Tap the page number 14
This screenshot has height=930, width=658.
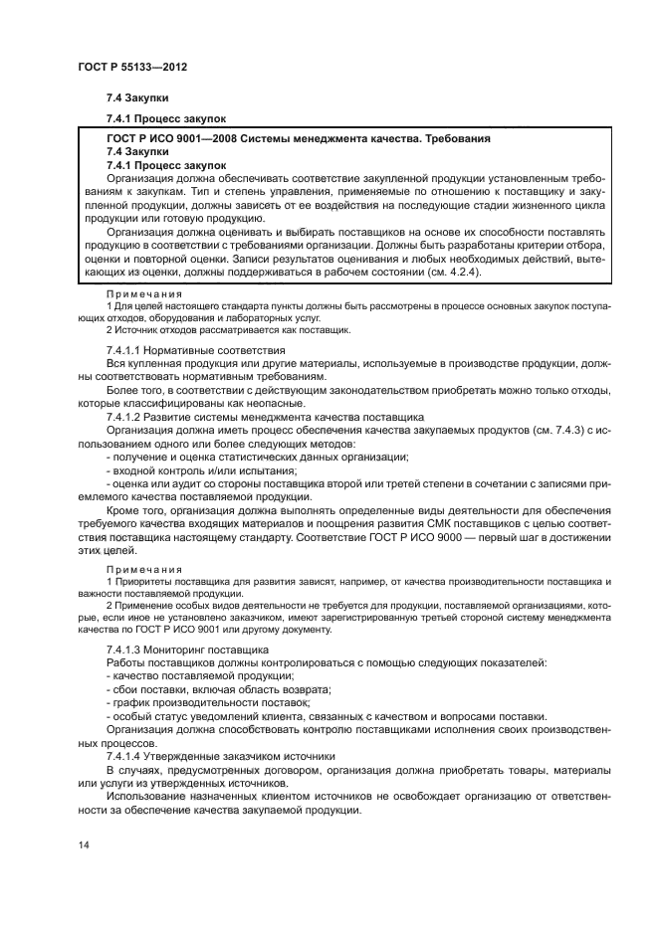point(81,844)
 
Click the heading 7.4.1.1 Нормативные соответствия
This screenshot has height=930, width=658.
point(195,350)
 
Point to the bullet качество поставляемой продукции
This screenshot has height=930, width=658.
point(196,675)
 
